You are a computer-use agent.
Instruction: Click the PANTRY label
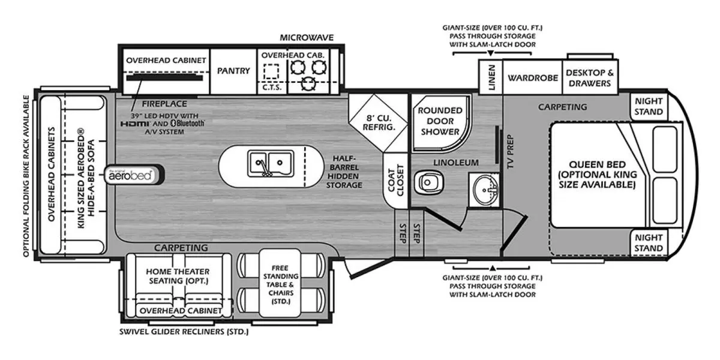pyautogui.click(x=233, y=71)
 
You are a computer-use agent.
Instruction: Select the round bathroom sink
pyautogui.click(x=485, y=190)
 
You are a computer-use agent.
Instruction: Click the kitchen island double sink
pyautogui.click(x=270, y=164)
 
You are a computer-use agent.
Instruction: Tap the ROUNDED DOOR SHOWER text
pyautogui.click(x=440, y=121)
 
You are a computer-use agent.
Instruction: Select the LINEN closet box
pyautogui.click(x=491, y=77)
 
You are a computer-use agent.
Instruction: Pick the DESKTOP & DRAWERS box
pyautogui.click(x=590, y=77)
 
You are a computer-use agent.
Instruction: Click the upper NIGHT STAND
pyautogui.click(x=649, y=107)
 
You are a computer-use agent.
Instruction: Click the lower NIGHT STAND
pyautogui.click(x=649, y=243)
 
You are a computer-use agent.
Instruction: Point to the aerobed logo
pyautogui.click(x=131, y=175)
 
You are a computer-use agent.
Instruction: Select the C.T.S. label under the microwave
pyautogui.click(x=272, y=87)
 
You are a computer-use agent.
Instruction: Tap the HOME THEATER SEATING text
pyautogui.click(x=178, y=277)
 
